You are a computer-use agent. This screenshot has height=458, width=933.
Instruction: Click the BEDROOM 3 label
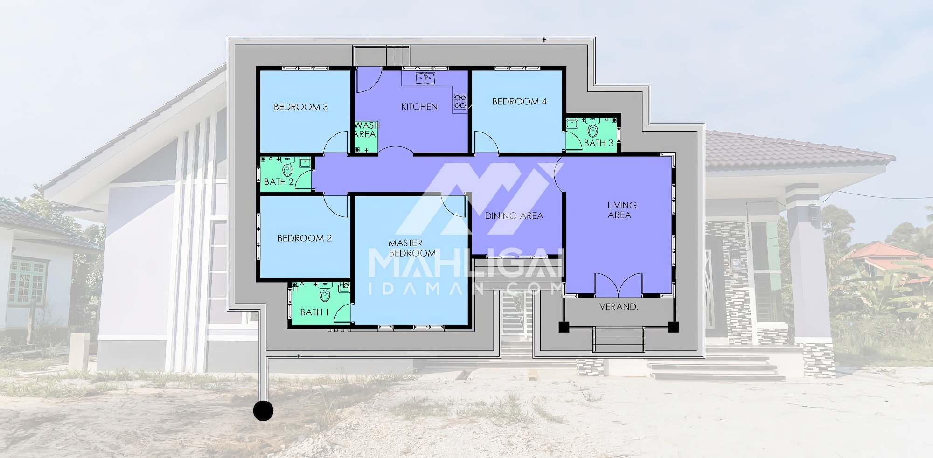click(x=300, y=107)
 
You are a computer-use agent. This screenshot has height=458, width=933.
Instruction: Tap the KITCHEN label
click(x=419, y=107)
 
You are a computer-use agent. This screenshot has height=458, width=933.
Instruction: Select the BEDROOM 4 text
click(x=519, y=102)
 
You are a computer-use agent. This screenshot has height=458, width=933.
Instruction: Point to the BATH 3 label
click(x=599, y=143)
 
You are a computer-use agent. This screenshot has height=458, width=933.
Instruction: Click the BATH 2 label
click(x=279, y=181)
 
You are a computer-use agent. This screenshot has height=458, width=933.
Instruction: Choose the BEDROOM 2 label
click(x=304, y=238)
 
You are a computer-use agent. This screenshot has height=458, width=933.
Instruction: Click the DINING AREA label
click(x=514, y=215)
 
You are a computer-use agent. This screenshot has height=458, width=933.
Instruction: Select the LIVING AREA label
click(x=621, y=210)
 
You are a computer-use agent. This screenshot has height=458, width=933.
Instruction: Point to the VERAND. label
click(x=619, y=307)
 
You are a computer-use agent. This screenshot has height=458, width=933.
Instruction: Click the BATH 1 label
click(x=314, y=312)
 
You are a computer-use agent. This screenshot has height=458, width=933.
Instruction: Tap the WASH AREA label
click(x=366, y=130)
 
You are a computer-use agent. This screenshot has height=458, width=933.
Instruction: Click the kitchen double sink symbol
click(x=425, y=78)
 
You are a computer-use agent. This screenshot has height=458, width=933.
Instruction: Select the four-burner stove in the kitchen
click(x=460, y=102)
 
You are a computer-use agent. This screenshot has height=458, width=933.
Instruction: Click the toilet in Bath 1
click(x=325, y=293)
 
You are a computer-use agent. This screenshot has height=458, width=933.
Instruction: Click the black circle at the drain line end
click(x=263, y=410)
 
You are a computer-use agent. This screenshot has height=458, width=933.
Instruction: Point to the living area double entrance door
click(x=619, y=285)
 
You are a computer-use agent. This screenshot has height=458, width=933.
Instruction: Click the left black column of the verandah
click(x=564, y=327)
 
